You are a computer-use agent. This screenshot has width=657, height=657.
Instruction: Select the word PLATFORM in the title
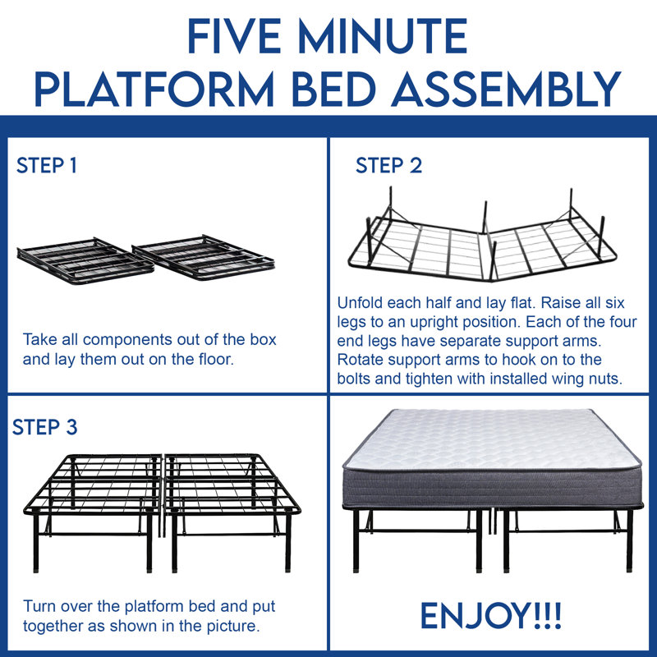[x=154, y=89]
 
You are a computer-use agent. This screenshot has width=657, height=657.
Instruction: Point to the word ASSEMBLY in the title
[x=506, y=89]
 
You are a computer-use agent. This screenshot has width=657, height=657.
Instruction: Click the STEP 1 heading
[x=47, y=166]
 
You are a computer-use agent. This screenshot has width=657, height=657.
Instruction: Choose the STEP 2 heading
[x=388, y=166]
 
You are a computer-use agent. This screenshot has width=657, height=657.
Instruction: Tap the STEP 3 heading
[x=45, y=427]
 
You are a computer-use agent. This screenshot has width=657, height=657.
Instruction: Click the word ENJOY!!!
[x=490, y=615]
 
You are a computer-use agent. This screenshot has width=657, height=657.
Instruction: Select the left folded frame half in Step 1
[x=85, y=260]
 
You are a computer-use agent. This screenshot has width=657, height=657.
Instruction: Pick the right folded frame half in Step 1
[x=204, y=257]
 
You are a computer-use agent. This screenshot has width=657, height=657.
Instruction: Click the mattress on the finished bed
[x=492, y=458]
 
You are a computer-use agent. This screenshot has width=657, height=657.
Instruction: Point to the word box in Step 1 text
[x=263, y=339]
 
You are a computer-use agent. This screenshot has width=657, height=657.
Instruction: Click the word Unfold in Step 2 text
[x=360, y=302]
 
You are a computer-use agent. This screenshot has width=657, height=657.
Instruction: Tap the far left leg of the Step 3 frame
[x=36, y=543]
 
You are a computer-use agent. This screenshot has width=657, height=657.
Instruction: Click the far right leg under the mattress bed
[x=629, y=540]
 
